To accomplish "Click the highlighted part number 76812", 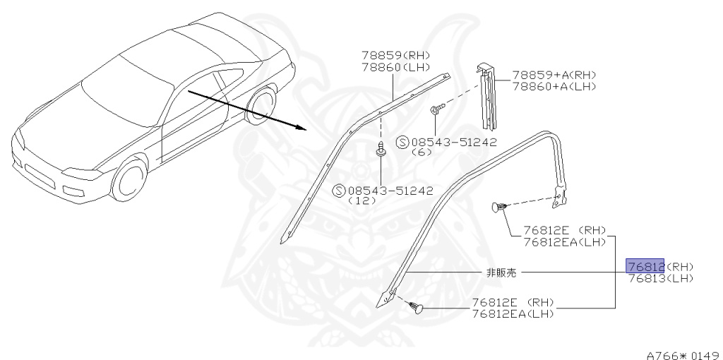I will pos(645,266).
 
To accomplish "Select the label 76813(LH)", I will pos(660,278).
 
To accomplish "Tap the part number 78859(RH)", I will pos(395,55).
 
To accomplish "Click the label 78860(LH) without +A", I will pos(395,66).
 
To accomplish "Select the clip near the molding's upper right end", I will pos(498,207).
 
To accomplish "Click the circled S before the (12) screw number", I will pos(338,190).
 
